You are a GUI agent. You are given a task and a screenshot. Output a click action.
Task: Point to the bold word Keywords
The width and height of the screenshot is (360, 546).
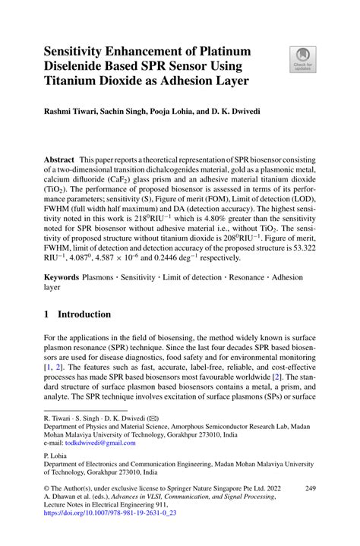(62, 281)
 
